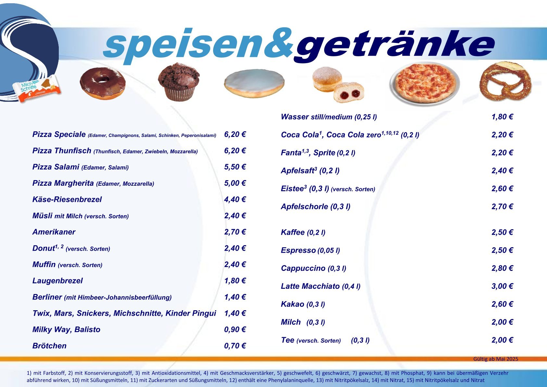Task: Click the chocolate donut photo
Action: pyautogui.click(x=103, y=83)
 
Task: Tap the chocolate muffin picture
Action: pyautogui.click(x=179, y=82)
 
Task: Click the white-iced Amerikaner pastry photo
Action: pyautogui.click(x=254, y=83)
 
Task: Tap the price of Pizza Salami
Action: pyautogui.click(x=235, y=167)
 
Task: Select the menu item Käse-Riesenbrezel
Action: pyautogui.click(x=67, y=199)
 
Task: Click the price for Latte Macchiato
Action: pyautogui.click(x=502, y=286)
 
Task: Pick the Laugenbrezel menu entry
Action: pyautogui.click(x=57, y=281)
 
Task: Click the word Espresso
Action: pyautogui.click(x=298, y=250)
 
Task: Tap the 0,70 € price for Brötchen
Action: pyautogui.click(x=235, y=346)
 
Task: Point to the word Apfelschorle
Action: pyautogui.click(x=304, y=207)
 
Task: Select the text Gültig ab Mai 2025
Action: pyautogui.click(x=496, y=359)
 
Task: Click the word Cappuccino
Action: pyautogui.click(x=303, y=268)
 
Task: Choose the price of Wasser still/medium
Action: pyautogui.click(x=502, y=117)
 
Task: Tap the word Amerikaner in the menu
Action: pyautogui.click(x=54, y=232)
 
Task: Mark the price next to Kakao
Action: pyautogui.click(x=502, y=304)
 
